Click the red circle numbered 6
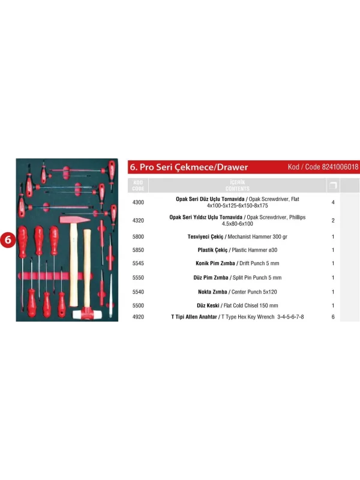pos(8,239)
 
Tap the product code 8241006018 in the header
pos(340,167)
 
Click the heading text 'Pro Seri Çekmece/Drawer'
pos(194,167)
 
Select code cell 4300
pos(138,202)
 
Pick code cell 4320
pos(138,220)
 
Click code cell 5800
pos(138,236)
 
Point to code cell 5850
pos(138,250)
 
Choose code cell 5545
pos(138,263)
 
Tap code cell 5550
pos(138,278)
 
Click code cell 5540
pos(138,292)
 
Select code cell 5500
pos(138,305)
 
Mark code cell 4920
pos(138,317)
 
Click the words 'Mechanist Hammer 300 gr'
pos(257,236)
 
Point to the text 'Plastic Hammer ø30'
pos(254,250)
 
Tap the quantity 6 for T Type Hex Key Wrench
pos(333,317)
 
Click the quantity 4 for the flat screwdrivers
pos(333,202)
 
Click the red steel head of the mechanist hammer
pos(74,220)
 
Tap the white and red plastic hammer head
pos(86,314)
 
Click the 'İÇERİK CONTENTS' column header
pos(237,185)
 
